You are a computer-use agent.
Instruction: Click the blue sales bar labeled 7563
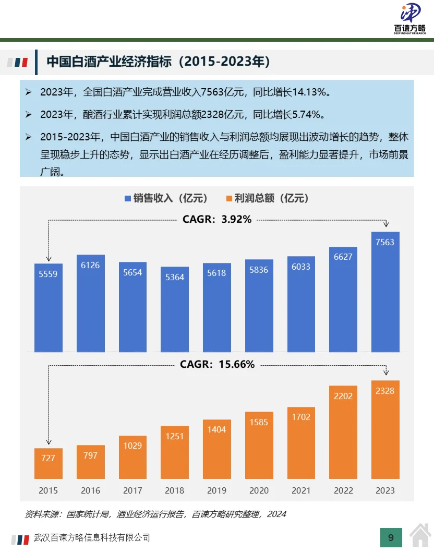point(385,292)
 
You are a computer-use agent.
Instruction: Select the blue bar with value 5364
point(175,309)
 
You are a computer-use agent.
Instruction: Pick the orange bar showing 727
point(48,464)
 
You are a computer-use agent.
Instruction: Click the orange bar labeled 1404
point(217,449)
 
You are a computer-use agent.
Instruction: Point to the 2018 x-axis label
point(175,490)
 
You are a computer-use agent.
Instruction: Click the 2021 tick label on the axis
point(301,490)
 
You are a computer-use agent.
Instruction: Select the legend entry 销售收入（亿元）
point(166,198)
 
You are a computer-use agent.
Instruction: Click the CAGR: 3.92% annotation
point(217,220)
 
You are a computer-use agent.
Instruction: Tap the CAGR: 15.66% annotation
point(217,365)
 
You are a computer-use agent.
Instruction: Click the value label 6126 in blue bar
point(90,265)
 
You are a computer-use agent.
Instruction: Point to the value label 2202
point(343,396)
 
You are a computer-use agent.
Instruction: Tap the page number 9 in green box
point(391,537)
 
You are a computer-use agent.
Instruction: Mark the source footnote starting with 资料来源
point(155,514)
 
